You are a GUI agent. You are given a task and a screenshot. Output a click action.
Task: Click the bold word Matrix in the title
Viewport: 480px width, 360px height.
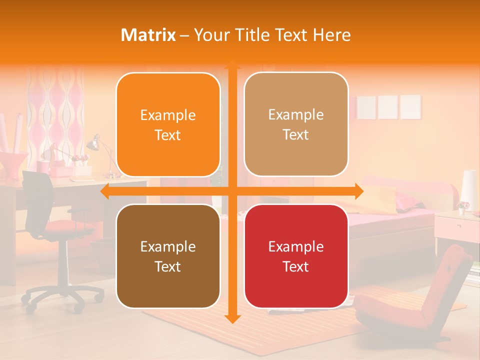[148, 35]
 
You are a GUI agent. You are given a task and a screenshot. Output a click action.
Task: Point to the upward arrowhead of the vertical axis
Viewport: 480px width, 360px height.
[231, 65]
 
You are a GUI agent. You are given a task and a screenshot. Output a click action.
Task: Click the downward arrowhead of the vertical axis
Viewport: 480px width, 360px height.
[231, 318]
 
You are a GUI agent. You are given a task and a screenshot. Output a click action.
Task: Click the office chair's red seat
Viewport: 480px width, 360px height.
[65, 227]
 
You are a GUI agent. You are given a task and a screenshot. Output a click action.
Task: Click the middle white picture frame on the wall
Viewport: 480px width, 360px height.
[387, 106]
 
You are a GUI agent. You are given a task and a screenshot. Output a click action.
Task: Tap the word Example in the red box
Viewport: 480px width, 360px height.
[296, 246]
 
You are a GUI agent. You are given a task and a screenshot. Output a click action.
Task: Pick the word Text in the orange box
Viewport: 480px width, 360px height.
[168, 135]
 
